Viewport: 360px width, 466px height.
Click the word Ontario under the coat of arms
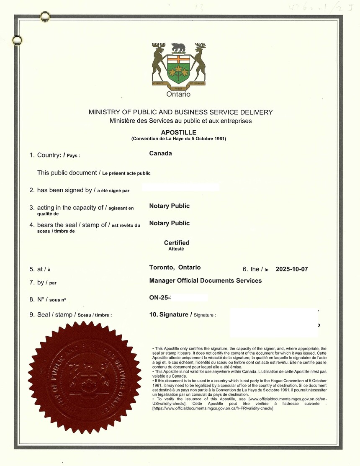tap(178, 94)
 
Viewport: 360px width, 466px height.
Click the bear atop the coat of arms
tap(178, 47)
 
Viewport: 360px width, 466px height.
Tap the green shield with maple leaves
tap(178, 70)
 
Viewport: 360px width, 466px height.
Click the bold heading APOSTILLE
tap(178, 132)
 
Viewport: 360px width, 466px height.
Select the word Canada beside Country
tap(160, 153)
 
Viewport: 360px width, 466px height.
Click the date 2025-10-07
tap(292, 269)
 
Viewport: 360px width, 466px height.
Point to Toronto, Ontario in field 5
tap(175, 268)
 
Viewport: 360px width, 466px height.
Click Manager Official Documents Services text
tap(205, 281)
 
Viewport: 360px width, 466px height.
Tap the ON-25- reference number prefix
tap(159, 298)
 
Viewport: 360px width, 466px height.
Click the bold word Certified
tap(177, 243)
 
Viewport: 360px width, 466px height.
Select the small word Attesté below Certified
tap(176, 249)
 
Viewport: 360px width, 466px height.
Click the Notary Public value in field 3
tap(169, 206)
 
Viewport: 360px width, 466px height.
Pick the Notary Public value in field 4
tap(169, 223)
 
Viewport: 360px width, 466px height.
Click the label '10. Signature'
tap(170, 314)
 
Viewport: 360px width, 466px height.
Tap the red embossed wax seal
tap(85, 377)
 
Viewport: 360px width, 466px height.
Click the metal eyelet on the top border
tap(45, 17)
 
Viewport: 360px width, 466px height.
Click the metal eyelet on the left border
tap(17, 40)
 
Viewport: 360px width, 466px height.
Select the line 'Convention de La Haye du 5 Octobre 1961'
tap(178, 139)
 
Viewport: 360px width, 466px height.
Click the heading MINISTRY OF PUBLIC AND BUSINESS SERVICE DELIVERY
tap(180, 112)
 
